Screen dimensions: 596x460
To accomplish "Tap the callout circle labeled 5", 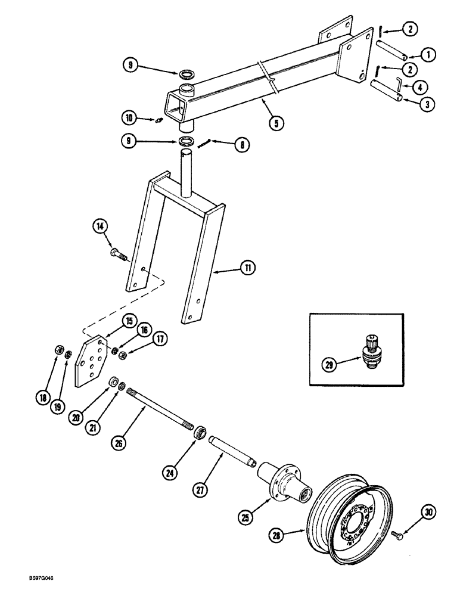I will click(x=275, y=123).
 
